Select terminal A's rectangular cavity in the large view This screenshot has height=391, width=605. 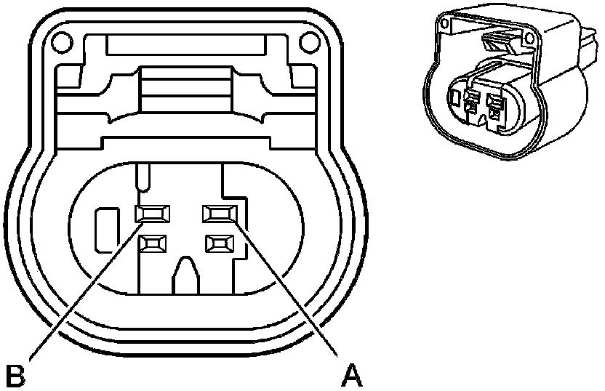click(220, 213)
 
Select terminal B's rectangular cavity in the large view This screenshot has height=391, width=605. click(154, 213)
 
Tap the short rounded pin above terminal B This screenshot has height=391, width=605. click(144, 178)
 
